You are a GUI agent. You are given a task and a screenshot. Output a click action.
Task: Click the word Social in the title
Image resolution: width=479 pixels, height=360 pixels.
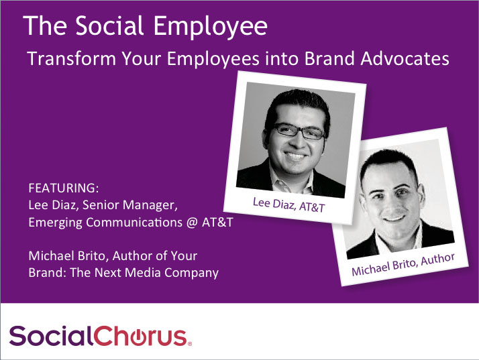[x=109, y=25]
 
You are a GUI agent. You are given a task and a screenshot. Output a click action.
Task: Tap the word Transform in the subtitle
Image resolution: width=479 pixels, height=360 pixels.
[x=72, y=58]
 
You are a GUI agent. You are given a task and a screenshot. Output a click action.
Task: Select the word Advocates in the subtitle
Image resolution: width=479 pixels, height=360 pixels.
[x=405, y=58]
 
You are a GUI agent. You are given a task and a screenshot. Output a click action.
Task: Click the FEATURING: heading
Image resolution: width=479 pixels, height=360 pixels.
[x=64, y=188]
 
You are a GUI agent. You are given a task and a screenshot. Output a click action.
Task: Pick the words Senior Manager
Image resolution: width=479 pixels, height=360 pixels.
[x=130, y=205]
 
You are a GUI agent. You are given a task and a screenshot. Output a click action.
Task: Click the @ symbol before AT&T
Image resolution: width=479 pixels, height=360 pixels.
[x=192, y=223]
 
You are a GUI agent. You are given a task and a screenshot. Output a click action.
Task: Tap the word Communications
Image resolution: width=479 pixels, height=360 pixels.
[x=134, y=223]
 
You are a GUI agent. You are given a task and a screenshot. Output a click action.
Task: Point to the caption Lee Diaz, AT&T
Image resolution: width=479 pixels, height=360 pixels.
[x=288, y=204]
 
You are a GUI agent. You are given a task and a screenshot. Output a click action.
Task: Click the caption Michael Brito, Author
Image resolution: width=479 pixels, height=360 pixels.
[x=403, y=264]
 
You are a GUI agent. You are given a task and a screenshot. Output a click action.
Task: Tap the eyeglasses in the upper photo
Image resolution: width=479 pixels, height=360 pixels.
[x=300, y=131]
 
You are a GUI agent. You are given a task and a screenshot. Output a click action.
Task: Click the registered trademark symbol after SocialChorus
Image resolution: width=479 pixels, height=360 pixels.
[x=190, y=343]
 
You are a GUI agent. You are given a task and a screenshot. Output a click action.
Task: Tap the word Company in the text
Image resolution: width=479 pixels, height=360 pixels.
[x=192, y=273]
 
